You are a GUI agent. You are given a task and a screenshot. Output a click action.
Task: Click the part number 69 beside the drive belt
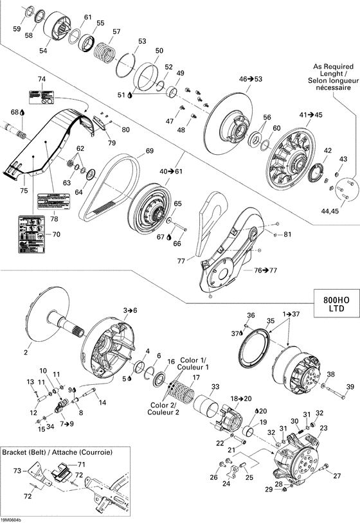pyautogui.click(x=149, y=151)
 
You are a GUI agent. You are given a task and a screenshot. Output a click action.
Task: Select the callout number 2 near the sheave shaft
pyautogui.click(x=26, y=352)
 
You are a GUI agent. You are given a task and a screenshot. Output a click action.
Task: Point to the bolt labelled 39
pyautogui.click(x=350, y=386)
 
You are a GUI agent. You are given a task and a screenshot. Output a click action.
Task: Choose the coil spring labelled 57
pyautogui.click(x=104, y=48)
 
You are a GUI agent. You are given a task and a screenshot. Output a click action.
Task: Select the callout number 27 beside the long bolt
pyautogui.click(x=337, y=475)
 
